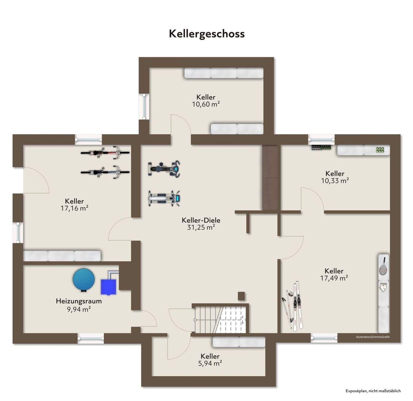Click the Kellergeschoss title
206,34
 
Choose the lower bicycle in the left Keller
105,172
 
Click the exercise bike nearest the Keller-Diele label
164,198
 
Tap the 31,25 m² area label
201,227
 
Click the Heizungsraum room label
79,301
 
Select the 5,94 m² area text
210,363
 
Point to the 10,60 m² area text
206,104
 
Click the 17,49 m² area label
334,278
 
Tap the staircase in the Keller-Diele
220,319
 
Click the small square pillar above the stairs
241,296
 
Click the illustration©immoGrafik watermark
373,337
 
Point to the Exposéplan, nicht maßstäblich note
373,391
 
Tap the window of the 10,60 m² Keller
144,106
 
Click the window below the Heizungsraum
91,338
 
